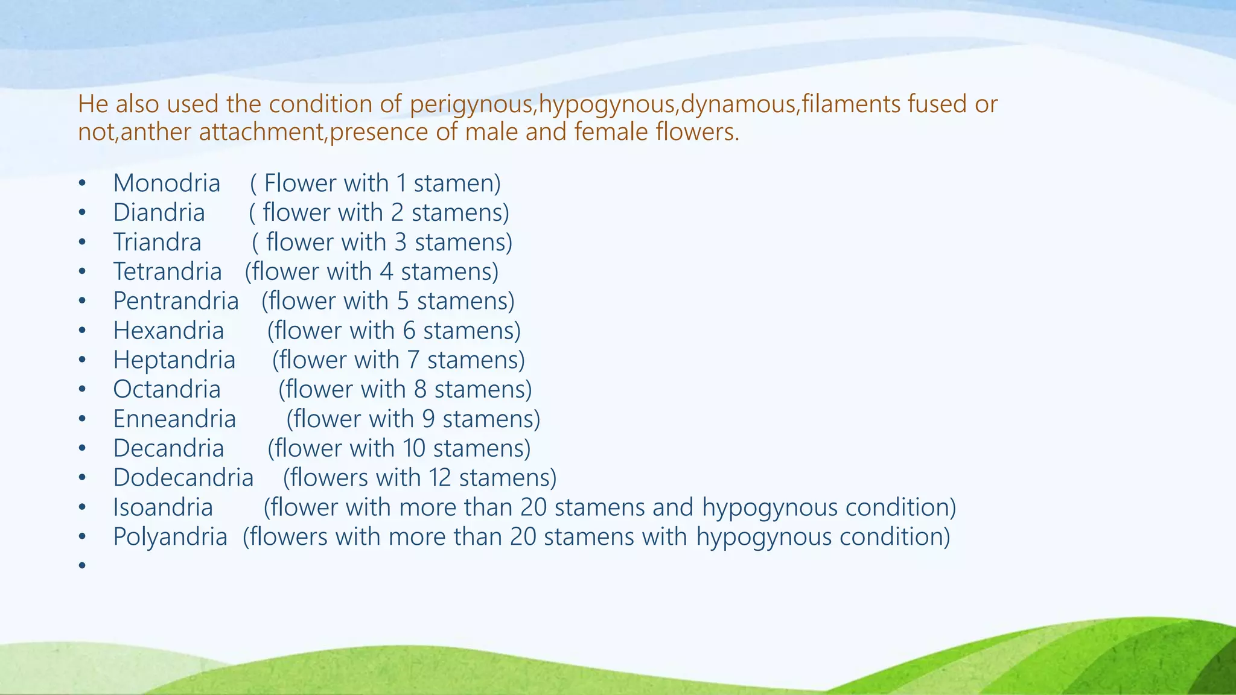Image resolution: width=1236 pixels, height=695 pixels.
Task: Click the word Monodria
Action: (x=167, y=183)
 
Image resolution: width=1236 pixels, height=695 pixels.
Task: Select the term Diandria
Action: (x=159, y=213)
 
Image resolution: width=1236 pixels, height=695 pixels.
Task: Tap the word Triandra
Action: (x=157, y=243)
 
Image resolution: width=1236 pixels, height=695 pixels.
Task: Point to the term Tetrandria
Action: (x=167, y=272)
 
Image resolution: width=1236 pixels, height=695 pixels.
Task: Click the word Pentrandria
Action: (x=176, y=301)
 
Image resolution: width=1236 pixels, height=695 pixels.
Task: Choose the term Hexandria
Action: (x=168, y=331)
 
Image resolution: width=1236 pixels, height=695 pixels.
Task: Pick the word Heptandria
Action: (x=174, y=360)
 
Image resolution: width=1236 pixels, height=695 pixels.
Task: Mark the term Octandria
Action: (x=167, y=390)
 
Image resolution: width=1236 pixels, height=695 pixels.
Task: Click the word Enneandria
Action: (x=174, y=419)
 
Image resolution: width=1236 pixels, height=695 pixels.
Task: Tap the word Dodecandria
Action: (x=183, y=478)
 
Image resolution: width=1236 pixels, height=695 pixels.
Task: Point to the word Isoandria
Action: (x=163, y=507)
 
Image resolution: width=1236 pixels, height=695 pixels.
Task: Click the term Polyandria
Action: (x=170, y=537)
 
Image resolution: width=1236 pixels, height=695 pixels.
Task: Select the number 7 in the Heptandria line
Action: (x=413, y=360)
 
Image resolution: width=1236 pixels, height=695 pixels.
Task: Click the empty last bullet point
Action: (x=82, y=565)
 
